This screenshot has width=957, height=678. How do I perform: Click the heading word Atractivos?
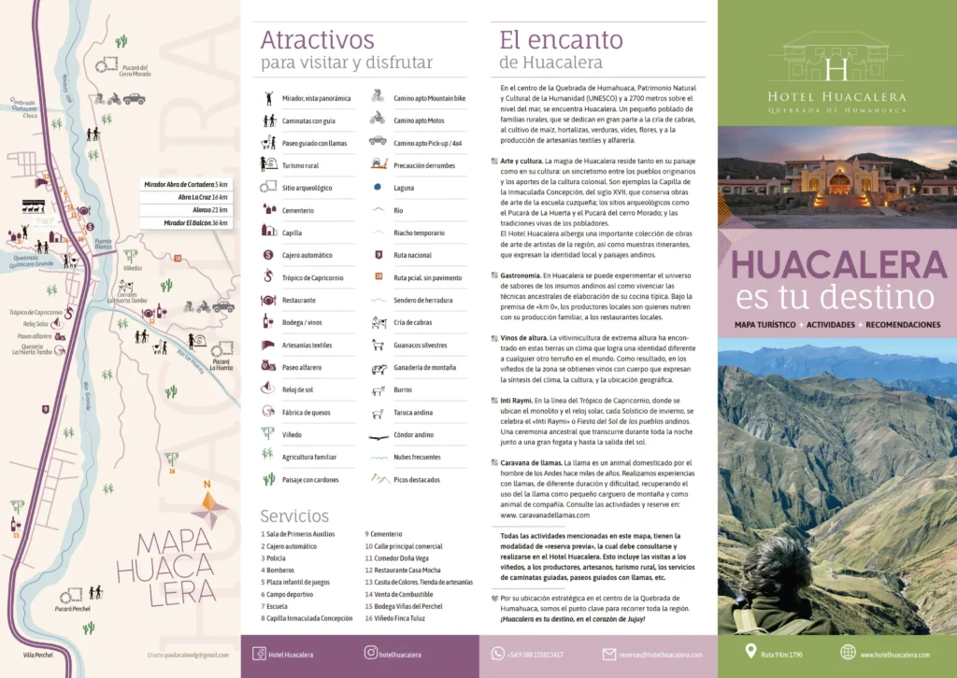pyautogui.click(x=317, y=40)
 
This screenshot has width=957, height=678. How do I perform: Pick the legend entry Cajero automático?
pyautogui.click(x=307, y=255)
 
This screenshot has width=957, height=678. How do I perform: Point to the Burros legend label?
pyautogui.click(x=403, y=390)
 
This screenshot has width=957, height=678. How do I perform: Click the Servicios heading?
pyautogui.click(x=294, y=516)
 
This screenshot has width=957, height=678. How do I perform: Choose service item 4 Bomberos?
pyautogui.click(x=279, y=570)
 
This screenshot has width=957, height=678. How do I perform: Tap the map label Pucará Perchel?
pyautogui.click(x=72, y=608)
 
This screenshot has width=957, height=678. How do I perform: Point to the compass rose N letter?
pyautogui.click(x=207, y=484)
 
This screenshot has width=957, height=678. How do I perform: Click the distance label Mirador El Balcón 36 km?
pyautogui.click(x=196, y=223)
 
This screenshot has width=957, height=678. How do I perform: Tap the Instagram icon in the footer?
pyautogui.click(x=371, y=654)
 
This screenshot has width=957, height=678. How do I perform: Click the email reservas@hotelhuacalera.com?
pyautogui.click(x=660, y=655)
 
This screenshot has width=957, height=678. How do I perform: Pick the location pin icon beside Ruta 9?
pyautogui.click(x=750, y=652)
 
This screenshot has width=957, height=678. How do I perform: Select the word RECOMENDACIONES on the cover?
pyautogui.click(x=902, y=324)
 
